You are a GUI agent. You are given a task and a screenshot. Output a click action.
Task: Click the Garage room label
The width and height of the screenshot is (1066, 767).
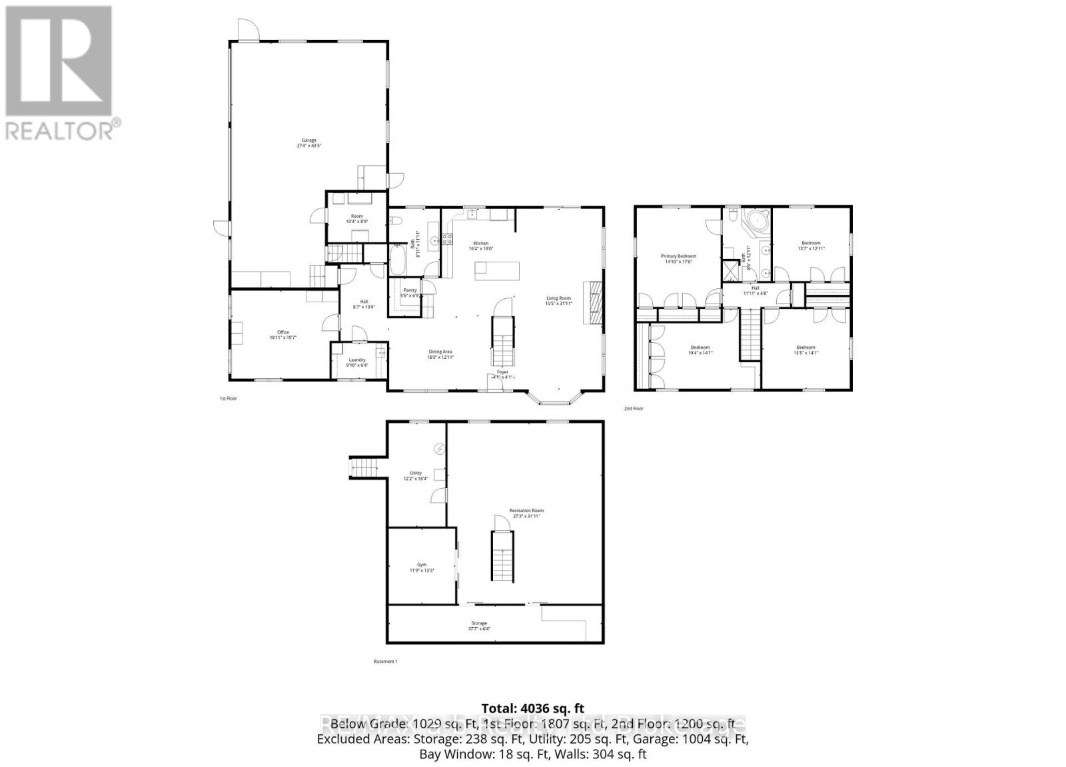[308, 140]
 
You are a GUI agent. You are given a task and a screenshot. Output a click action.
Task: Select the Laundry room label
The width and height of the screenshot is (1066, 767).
[357, 360]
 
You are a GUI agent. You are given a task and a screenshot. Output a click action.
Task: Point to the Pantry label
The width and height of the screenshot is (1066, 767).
[410, 290]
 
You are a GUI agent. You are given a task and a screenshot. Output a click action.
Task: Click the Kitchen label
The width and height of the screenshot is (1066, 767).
[481, 244]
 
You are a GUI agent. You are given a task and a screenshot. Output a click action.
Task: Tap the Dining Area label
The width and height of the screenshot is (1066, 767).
[440, 352]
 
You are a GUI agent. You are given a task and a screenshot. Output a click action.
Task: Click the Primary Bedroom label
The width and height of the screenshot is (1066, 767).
[678, 256]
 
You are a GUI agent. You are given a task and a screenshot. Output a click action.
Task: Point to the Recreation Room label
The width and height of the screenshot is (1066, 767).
[526, 511]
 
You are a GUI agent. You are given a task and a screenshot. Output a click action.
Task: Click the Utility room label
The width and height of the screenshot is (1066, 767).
[416, 473]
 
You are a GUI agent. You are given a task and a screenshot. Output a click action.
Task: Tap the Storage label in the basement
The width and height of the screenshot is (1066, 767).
[479, 623]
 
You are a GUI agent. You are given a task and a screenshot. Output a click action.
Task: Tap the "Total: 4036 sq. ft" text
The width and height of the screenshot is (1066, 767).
[532, 708]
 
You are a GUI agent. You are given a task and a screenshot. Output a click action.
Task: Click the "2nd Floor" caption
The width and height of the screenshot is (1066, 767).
[634, 409]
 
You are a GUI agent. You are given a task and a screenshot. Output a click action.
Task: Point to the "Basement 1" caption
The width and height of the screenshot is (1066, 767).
[386, 662]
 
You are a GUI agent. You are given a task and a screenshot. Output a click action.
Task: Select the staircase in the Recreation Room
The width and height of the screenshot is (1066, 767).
[501, 555]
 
